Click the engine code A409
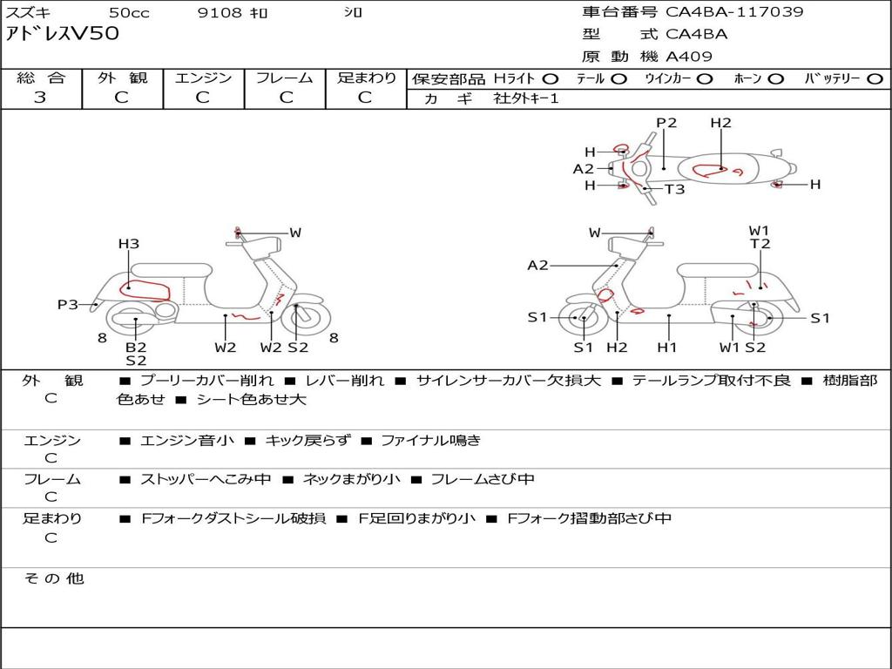pos(689,57)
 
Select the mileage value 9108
pos(218,13)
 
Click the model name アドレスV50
pos(63,35)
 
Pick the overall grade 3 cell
pos(40,98)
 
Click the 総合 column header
pos(41,78)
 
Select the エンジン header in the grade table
pos(203,78)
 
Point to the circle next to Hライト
pos(551,79)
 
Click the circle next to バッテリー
pos(874,79)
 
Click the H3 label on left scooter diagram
pos(129,244)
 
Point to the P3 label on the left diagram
pos(68,305)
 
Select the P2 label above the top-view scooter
pos(666,123)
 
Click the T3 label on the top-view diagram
pos(674,189)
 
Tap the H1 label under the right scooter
pos(667,348)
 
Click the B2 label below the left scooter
pos(136,348)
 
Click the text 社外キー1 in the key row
pos(526,98)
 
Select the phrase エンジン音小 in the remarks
pos(186,441)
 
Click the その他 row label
pos(53,578)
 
